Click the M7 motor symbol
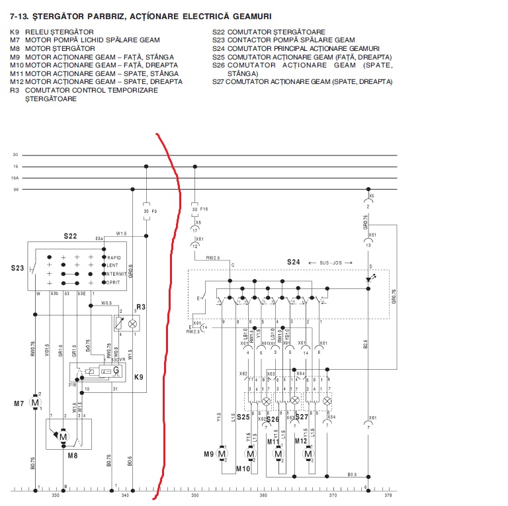(36, 402)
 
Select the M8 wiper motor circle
(63, 437)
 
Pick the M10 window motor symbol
(250, 454)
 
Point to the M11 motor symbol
(278, 454)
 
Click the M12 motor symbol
(308, 454)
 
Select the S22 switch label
(71, 236)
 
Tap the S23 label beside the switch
(17, 269)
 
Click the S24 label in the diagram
(294, 262)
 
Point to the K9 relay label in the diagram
(139, 377)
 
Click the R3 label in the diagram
(140, 307)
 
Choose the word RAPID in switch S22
(115, 257)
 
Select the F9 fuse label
(153, 211)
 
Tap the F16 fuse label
(204, 209)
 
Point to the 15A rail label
(15, 178)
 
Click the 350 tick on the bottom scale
(195, 495)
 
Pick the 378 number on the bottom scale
(388, 495)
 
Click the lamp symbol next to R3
(132, 323)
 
